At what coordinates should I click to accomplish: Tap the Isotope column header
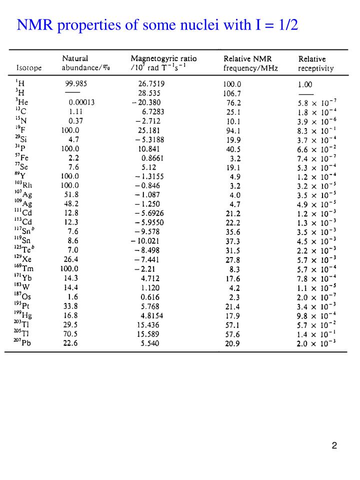[29, 67]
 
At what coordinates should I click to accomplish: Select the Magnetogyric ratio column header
[163, 58]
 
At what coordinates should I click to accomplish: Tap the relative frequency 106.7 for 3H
[232, 93]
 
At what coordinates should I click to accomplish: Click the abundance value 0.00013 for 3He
[81, 102]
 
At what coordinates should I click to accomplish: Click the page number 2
[334, 445]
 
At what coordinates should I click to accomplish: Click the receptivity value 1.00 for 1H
[306, 84]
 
